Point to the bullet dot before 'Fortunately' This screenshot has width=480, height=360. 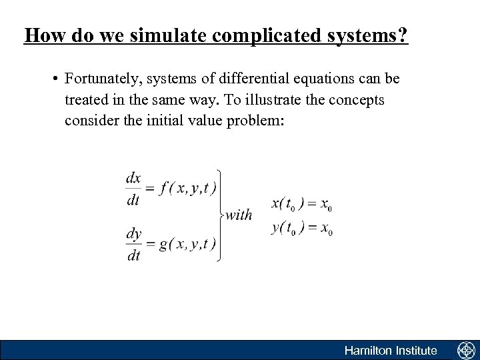pos(55,79)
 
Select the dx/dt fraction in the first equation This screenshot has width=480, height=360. pos(133,189)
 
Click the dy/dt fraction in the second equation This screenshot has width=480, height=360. pos(133,244)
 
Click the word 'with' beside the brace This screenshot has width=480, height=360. pos(238,215)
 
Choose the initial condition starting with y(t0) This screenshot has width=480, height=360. pos(301,227)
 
